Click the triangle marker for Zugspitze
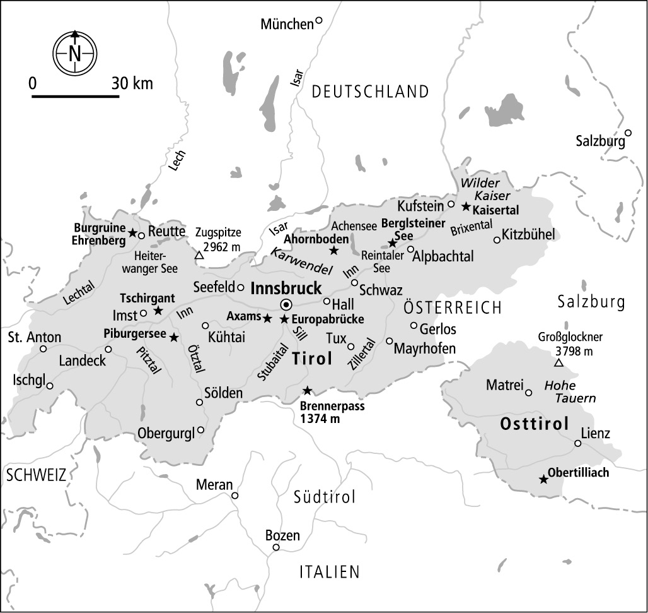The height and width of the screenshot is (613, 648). coord(199,255)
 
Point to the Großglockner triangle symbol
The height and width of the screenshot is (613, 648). coord(558,362)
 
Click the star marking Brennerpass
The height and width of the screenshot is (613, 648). coord(307,390)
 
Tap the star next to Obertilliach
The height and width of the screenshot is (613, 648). coord(543,479)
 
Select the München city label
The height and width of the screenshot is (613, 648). coord(287,24)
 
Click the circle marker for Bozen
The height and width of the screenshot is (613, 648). coord(275,547)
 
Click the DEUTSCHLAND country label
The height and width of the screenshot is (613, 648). coord(371,92)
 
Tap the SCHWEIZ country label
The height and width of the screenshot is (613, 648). coord(36,475)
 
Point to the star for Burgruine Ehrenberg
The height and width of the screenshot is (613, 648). coord(132,233)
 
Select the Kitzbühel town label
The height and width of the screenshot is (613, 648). coord(528,235)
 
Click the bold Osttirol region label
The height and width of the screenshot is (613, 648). coord(535,424)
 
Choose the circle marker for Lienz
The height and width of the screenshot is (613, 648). coord(578,444)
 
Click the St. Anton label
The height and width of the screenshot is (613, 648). coord(35,337)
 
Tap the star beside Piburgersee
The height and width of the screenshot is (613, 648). coord(173,336)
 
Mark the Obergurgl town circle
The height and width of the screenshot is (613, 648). coord(201,430)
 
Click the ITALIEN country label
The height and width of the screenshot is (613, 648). coord(329,572)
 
